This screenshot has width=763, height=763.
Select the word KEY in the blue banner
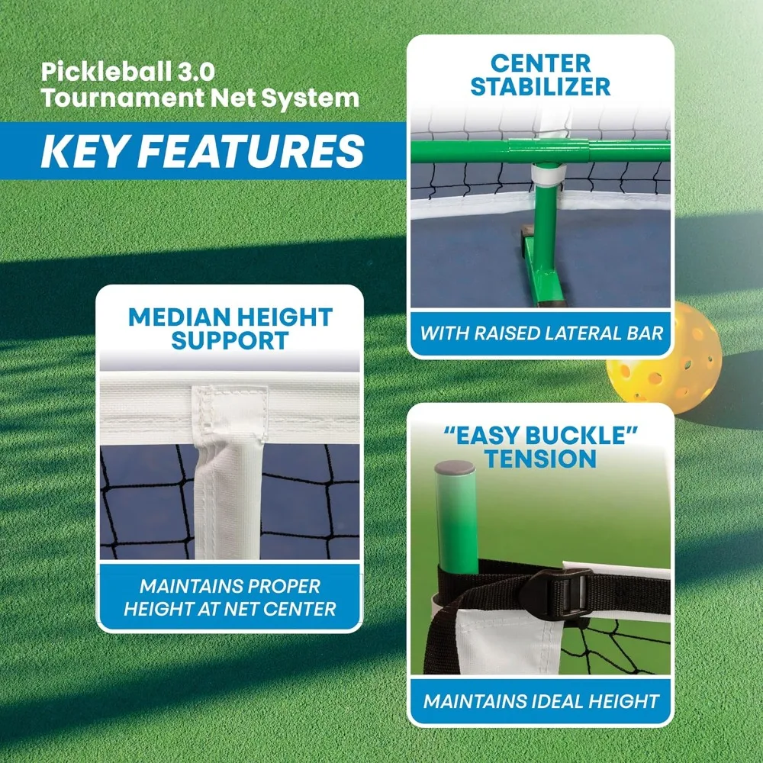tap(86, 151)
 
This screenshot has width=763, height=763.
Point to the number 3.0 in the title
tap(192, 73)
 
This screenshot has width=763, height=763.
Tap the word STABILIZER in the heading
tap(540, 86)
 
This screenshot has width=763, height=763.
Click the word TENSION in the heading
tap(540, 459)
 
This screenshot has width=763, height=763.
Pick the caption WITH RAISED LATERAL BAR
tap(540, 333)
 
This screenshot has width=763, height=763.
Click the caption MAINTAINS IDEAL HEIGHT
tap(540, 700)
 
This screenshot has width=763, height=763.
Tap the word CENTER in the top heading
tap(540, 62)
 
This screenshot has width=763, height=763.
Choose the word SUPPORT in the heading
tap(230, 340)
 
